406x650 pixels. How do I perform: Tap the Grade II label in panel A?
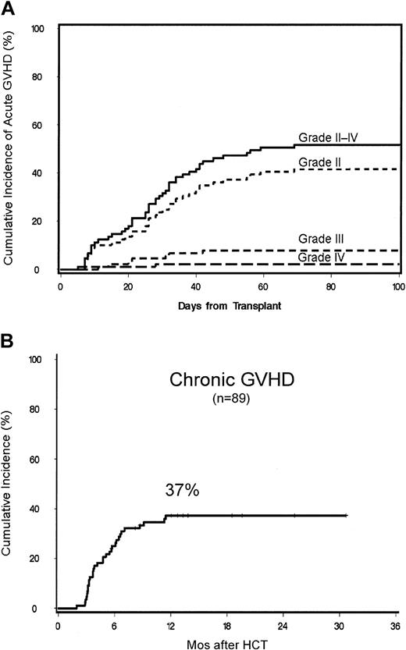tap(316, 162)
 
